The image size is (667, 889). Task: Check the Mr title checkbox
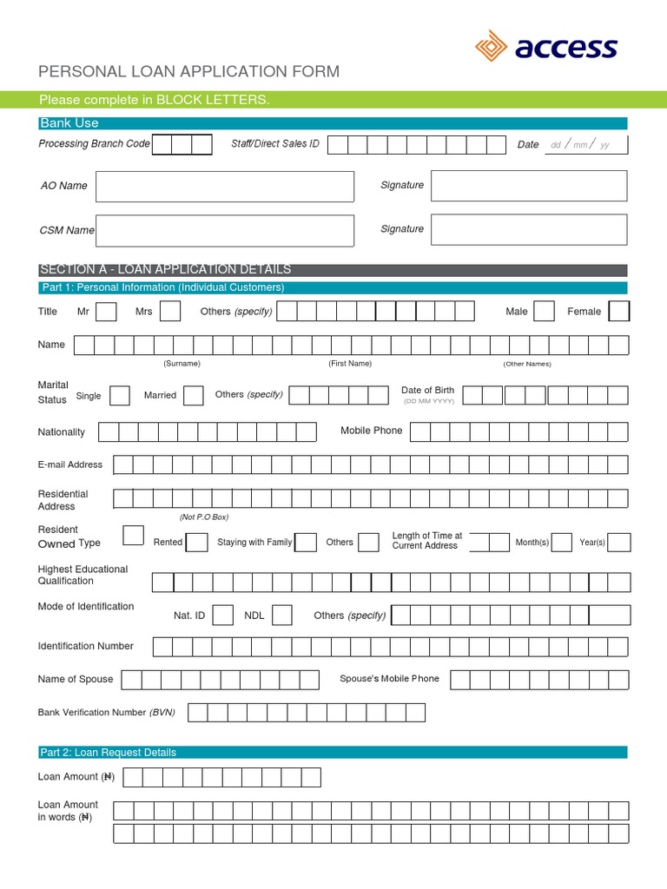click(x=106, y=311)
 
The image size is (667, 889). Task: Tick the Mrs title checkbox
click(x=170, y=311)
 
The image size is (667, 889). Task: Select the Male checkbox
click(x=544, y=311)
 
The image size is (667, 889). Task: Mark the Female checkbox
click(x=619, y=311)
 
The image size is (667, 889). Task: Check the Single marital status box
click(x=120, y=396)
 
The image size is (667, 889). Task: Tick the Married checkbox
click(x=194, y=396)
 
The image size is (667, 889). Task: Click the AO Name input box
click(x=224, y=187)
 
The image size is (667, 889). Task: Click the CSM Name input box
click(x=224, y=230)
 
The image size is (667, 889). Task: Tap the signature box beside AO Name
click(x=528, y=186)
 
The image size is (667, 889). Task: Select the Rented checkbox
click(x=197, y=543)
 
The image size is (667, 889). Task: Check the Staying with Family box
click(x=306, y=543)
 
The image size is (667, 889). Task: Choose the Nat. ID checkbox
click(x=223, y=616)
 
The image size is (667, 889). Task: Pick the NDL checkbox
click(x=281, y=616)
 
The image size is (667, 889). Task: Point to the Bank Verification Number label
click(x=106, y=713)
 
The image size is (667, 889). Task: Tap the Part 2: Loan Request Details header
click(x=108, y=752)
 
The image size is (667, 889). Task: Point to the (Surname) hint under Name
click(x=182, y=364)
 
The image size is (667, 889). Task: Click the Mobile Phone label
click(x=371, y=431)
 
